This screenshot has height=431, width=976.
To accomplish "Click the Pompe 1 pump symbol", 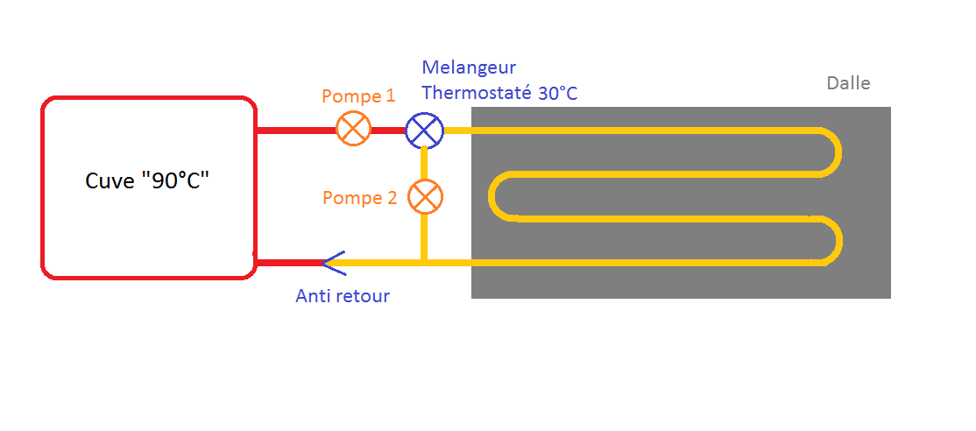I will point(353,131).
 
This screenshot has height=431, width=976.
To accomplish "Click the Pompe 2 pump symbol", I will point(425,197).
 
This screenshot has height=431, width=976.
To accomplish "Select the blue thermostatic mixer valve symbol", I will point(424,131).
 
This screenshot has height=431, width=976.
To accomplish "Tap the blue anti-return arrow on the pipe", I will point(331,262).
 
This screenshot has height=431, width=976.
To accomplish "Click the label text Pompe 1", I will point(358,96).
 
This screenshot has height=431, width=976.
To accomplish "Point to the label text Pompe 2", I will point(359,198).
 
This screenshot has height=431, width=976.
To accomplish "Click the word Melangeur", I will point(469,67).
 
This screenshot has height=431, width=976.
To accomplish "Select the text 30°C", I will point(557,94).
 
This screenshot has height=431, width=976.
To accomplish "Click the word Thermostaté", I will point(477,94).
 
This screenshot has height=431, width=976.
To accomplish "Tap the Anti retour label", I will point(343,296).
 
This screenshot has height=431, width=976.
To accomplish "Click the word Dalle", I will point(848,83).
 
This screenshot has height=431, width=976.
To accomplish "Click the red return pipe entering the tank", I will point(287,262).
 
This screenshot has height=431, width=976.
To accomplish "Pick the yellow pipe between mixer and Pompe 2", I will point(424,162).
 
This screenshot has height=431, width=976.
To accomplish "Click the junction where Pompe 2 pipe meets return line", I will point(424,261).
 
